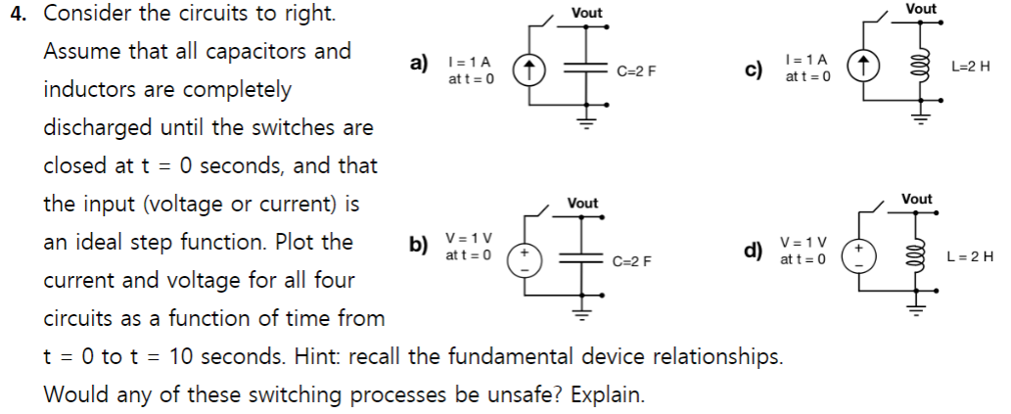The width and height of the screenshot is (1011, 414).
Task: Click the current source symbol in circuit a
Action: point(529,70)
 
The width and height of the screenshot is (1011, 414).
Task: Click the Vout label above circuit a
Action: point(586,13)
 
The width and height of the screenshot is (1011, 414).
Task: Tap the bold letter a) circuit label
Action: point(419,64)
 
